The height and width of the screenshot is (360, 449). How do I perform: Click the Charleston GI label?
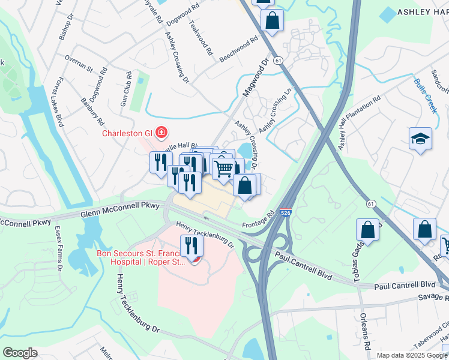coord(126,133)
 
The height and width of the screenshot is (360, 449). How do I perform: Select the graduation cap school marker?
coord(420,139)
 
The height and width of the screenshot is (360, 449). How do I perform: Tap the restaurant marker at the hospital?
coord(191,246)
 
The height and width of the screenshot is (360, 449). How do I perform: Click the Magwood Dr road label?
coord(255,77)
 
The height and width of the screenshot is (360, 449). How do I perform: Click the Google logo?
coord(20,353)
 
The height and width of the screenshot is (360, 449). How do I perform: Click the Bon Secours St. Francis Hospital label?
coord(138,257)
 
